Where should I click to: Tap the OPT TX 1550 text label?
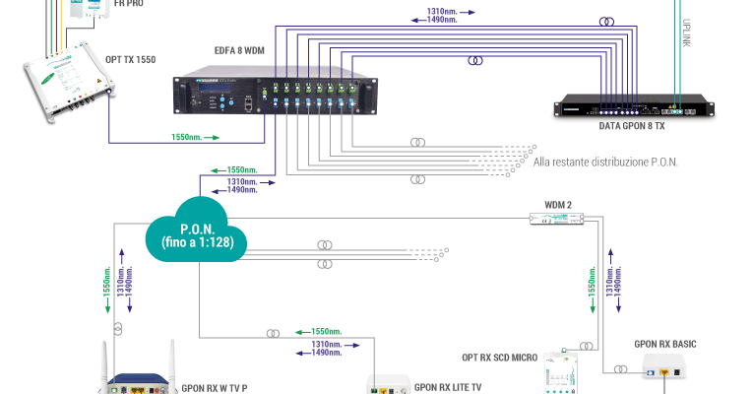[x=131, y=59]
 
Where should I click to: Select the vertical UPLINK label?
[x=687, y=30]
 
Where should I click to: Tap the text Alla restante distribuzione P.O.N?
[x=604, y=161]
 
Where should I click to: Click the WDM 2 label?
[x=544, y=206]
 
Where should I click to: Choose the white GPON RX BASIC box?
[x=667, y=368]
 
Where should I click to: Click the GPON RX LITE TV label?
[x=448, y=386]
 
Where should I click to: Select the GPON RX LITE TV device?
[x=387, y=383]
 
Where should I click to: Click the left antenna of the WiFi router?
[x=105, y=359]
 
